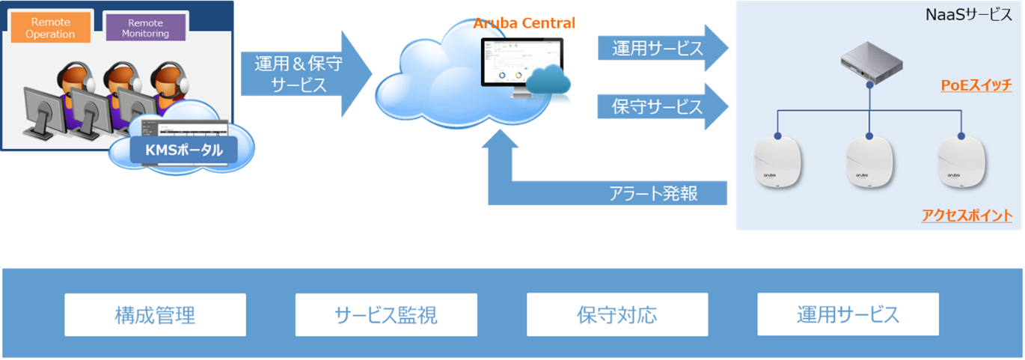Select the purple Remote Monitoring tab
point(145,28)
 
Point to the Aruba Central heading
point(524,23)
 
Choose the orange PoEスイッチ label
point(976,86)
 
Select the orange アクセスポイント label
point(967,216)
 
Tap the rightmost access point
point(958,161)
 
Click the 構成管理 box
point(155,314)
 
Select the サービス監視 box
point(386,314)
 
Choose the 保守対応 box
point(617,314)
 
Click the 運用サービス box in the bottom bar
point(848,314)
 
